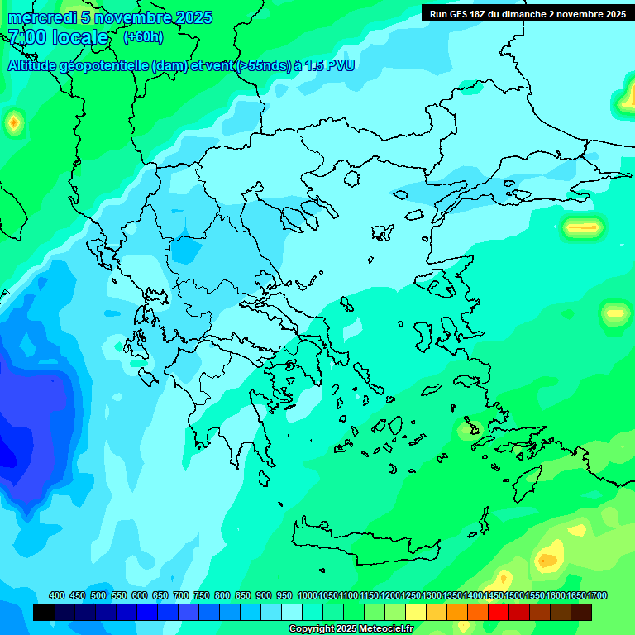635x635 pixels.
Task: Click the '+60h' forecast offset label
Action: (143, 36)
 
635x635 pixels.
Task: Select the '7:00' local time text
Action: (26, 37)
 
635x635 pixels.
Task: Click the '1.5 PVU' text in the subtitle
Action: (329, 65)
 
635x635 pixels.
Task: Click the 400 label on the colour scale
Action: (57, 595)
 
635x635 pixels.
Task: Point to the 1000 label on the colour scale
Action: (307, 595)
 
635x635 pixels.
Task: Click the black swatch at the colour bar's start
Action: (44, 612)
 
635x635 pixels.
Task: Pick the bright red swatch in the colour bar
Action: (499, 612)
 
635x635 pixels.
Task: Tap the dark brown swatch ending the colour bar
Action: (581, 612)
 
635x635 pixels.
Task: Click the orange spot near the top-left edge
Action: (13, 124)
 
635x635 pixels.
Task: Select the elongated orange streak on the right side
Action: (582, 227)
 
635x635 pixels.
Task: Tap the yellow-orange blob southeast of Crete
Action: (547, 560)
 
